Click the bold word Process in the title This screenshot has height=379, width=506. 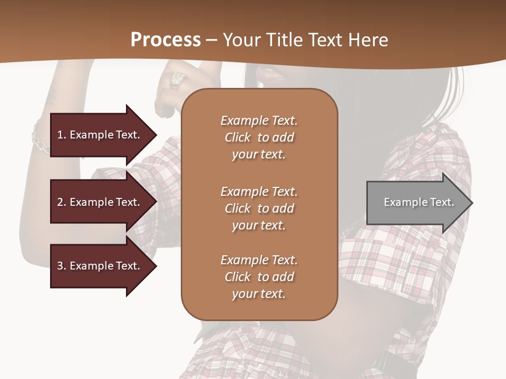click(x=166, y=39)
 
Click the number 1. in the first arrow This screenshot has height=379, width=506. click(x=61, y=135)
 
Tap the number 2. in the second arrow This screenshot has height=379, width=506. click(x=61, y=202)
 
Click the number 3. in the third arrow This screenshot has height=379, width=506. click(x=61, y=266)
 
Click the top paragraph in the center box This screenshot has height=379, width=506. click(x=259, y=137)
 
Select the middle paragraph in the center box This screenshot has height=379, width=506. click(x=259, y=208)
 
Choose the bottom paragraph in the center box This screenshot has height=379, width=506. click(x=259, y=277)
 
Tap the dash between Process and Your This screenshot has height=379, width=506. click(x=212, y=40)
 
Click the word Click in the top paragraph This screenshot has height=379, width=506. click(x=237, y=137)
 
